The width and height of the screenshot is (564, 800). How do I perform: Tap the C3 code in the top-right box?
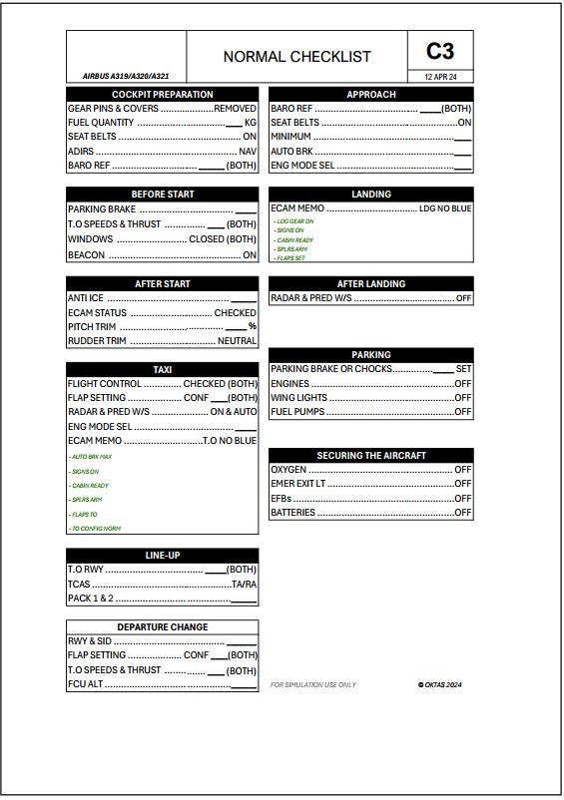click(x=440, y=51)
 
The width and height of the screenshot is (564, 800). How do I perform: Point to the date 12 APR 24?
click(x=440, y=77)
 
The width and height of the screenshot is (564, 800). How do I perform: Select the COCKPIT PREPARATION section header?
click(x=162, y=94)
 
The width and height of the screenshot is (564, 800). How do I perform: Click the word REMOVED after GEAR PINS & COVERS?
click(x=236, y=108)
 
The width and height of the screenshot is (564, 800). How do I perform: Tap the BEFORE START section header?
click(x=163, y=194)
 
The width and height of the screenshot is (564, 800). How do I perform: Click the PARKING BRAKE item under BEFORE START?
click(x=101, y=209)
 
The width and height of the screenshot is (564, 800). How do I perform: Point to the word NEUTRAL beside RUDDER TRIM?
click(x=238, y=341)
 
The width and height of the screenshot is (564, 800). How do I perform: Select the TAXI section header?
click(x=163, y=370)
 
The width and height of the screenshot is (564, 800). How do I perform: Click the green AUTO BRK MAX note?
click(x=91, y=456)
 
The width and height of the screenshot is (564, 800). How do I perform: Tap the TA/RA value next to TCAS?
click(x=244, y=584)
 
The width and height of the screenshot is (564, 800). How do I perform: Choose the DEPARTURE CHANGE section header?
click(x=163, y=626)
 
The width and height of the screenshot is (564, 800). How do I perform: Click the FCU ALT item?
click(x=85, y=684)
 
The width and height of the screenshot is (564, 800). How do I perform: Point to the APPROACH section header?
click(x=371, y=94)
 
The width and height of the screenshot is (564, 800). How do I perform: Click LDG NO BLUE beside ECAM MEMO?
click(x=445, y=208)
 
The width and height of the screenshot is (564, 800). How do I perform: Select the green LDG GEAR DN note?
click(x=295, y=220)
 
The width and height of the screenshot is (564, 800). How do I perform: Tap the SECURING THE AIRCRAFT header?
click(x=371, y=455)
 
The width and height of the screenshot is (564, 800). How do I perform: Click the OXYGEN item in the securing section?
click(x=289, y=469)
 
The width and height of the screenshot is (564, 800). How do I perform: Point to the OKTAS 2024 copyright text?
click(x=440, y=685)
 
